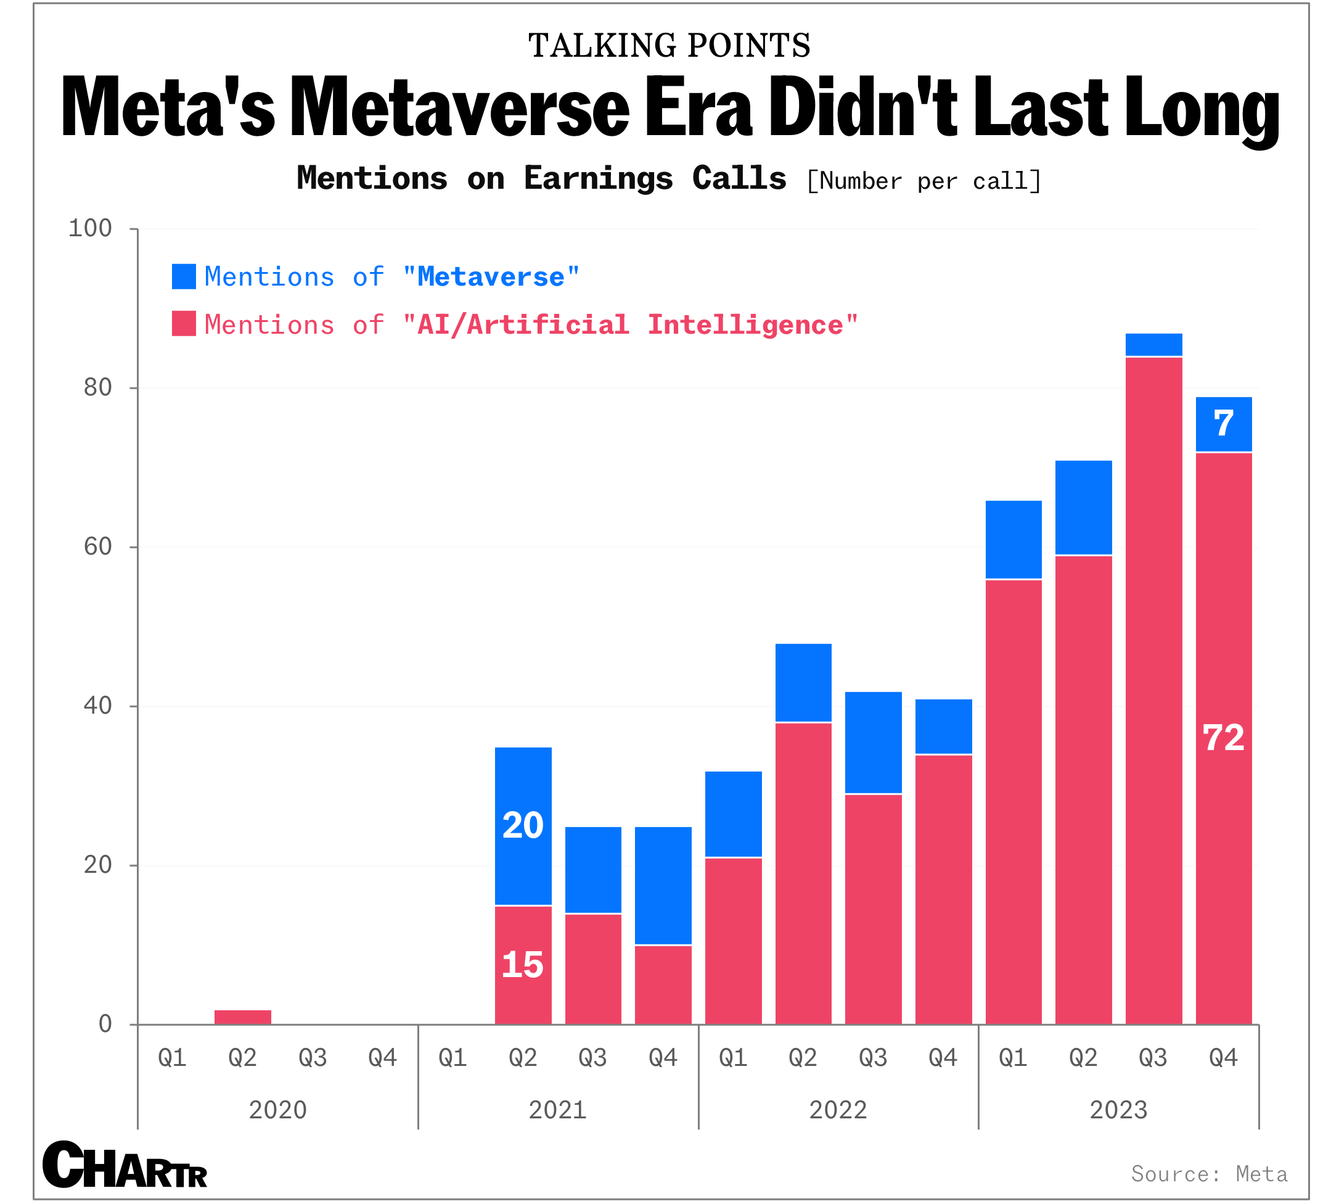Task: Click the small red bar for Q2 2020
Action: pos(243,1017)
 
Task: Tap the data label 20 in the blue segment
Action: pos(523,825)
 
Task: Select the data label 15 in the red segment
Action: pos(523,965)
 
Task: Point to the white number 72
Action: pos(1224,738)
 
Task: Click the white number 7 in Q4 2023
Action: pos(1224,424)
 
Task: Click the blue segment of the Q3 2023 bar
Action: pos(1153,345)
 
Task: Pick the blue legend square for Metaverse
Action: pos(184,276)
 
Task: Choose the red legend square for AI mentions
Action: pos(184,324)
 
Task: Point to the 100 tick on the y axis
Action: pos(91,228)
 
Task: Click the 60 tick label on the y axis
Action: pos(97,547)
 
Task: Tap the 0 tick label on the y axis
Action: pos(105,1024)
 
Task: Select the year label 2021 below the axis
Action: pos(558,1110)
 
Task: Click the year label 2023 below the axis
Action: pos(1119,1110)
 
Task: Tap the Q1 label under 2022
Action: pos(733,1058)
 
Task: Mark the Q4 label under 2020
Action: pos(383,1058)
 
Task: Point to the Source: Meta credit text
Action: pos(1209,1174)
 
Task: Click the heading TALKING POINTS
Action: pos(669,46)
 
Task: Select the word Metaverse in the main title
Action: pos(460,107)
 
